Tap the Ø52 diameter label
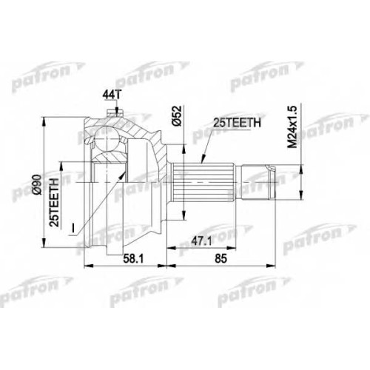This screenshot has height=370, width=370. click(x=177, y=116)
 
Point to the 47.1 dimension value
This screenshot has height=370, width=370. click(x=202, y=241)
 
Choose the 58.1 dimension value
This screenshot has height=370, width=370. click(x=133, y=259)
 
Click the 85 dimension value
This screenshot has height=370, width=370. click(x=221, y=259)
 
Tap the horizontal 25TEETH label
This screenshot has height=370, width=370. click(x=237, y=123)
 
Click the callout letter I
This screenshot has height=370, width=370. click(x=73, y=228)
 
